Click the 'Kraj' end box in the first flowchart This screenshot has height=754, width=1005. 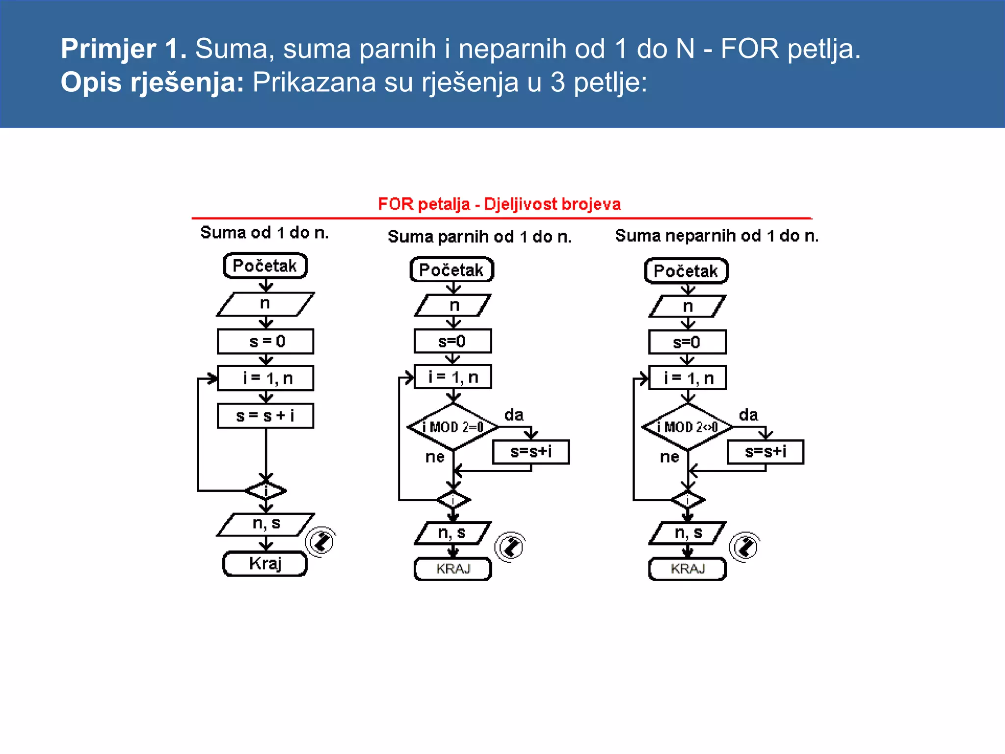pyautogui.click(x=265, y=564)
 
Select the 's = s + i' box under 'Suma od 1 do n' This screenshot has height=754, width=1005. pyautogui.click(x=265, y=416)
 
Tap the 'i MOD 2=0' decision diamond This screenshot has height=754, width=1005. pyautogui.click(x=453, y=427)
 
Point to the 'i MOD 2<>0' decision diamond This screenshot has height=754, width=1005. pyautogui.click(x=688, y=427)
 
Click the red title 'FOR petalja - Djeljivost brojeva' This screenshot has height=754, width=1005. pyautogui.click(x=499, y=204)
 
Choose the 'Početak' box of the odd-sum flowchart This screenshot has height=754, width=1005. pyautogui.click(x=686, y=271)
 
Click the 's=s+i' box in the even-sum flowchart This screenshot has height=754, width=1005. pyautogui.click(x=531, y=452)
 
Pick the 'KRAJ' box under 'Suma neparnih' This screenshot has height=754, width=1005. pyautogui.click(x=687, y=569)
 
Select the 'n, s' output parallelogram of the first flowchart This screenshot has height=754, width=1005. pyautogui.click(x=265, y=524)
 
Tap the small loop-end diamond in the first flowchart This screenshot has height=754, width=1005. pyautogui.click(x=265, y=490)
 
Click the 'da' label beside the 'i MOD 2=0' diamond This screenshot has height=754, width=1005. pyautogui.click(x=514, y=415)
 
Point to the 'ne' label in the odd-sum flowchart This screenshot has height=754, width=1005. pyautogui.click(x=669, y=457)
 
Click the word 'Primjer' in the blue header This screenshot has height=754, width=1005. pyautogui.click(x=108, y=49)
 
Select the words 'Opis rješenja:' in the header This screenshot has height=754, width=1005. pyautogui.click(x=152, y=82)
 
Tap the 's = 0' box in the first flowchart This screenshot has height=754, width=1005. pyautogui.click(x=265, y=341)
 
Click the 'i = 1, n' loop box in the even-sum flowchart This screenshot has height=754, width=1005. pyautogui.click(x=452, y=377)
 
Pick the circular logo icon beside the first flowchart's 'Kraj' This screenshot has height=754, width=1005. pyautogui.click(x=320, y=542)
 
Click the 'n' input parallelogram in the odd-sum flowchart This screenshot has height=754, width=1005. pyautogui.click(x=688, y=306)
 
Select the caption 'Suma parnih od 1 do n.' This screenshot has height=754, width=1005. pyautogui.click(x=479, y=237)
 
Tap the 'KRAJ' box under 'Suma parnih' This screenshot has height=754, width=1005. pyautogui.click(x=452, y=569)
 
